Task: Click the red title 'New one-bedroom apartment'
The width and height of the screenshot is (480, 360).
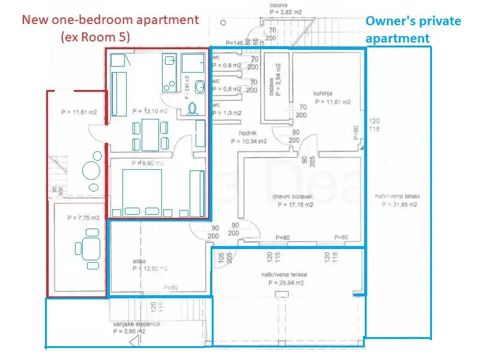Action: pos(110,19)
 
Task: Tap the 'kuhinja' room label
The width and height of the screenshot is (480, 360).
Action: pos(322,93)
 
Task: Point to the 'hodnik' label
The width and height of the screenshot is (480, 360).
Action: pos(247,135)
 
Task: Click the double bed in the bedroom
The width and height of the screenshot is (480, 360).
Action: pos(143,192)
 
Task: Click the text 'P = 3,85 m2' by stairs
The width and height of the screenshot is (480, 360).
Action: pos(130,331)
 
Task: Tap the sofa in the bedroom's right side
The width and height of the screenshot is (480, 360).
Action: pos(196,192)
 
